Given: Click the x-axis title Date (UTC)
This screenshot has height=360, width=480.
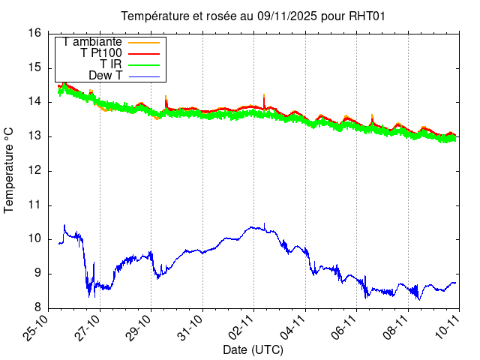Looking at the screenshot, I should tap(253, 349).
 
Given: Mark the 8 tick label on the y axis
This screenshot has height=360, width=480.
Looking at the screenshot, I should tap(37, 308).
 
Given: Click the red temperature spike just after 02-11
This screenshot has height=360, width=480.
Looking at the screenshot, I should tap(264, 95).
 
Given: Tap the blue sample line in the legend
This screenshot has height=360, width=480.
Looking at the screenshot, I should tap(151, 76).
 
